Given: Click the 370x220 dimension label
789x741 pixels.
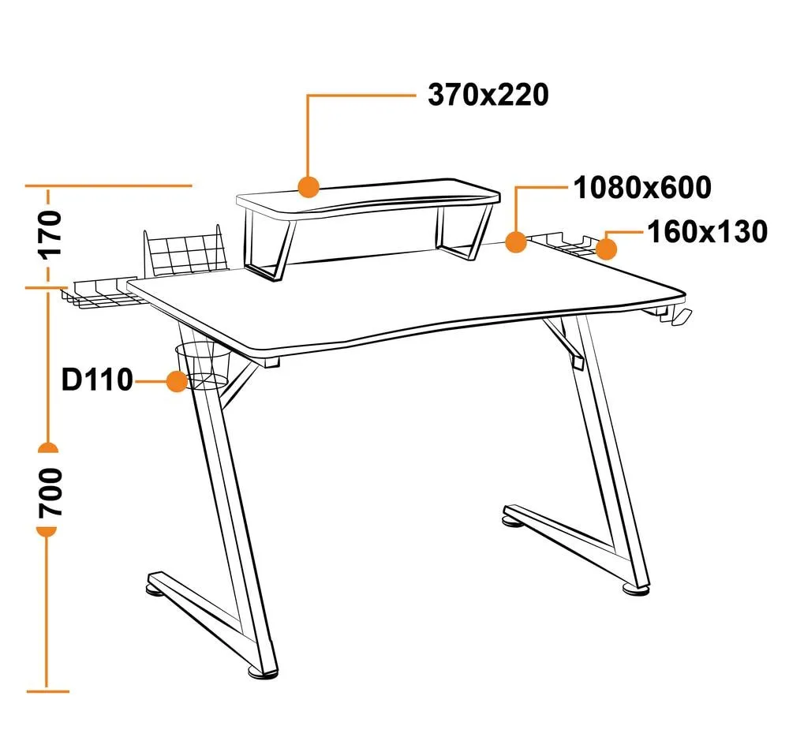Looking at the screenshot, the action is (x=488, y=95).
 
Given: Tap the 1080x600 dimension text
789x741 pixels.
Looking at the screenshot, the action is (x=642, y=188).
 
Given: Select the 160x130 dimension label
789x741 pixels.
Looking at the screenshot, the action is (x=707, y=232).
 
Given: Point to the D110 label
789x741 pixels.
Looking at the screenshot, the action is (x=97, y=380).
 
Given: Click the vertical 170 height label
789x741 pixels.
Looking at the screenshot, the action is (x=50, y=235).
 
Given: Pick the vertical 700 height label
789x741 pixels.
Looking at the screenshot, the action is (x=50, y=492).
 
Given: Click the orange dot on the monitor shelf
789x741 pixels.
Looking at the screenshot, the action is (x=308, y=187).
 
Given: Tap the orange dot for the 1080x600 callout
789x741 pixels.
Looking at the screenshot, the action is (x=516, y=241).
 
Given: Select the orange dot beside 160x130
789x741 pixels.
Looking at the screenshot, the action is (x=606, y=249).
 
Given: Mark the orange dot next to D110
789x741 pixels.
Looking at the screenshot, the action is (x=177, y=381).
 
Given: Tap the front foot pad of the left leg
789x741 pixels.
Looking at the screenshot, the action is (x=263, y=672).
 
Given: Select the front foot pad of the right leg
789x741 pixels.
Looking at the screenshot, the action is (x=637, y=589).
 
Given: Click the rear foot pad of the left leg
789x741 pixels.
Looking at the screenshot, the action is (x=155, y=588).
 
